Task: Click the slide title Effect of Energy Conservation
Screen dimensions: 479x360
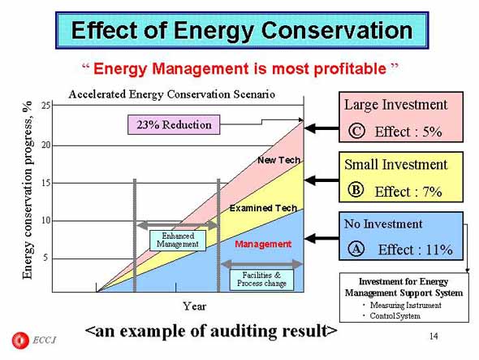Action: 242,30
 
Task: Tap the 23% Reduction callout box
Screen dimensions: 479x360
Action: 174,125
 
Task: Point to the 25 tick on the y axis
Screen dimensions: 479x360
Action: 45,106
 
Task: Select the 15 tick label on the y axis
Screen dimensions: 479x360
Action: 45,183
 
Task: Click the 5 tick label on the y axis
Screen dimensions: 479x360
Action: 45,258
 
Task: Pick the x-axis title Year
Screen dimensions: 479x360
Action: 195,306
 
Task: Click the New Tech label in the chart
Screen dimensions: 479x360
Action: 278,160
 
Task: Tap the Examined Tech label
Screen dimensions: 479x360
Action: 263,208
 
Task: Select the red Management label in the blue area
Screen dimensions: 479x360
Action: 263,244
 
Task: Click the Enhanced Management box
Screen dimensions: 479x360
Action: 178,241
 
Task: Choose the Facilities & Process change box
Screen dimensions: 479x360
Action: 261,280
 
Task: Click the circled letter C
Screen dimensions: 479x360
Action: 356,131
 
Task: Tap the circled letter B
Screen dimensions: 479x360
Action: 356,189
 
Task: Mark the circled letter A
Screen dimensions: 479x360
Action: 356,249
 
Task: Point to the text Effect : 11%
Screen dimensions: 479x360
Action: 415,249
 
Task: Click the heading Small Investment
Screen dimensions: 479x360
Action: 396,164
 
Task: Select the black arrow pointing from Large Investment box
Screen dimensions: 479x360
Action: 321,128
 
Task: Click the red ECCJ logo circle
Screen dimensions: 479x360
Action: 20,340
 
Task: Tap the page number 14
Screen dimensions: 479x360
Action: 434,336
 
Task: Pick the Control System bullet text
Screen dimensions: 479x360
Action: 395,316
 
